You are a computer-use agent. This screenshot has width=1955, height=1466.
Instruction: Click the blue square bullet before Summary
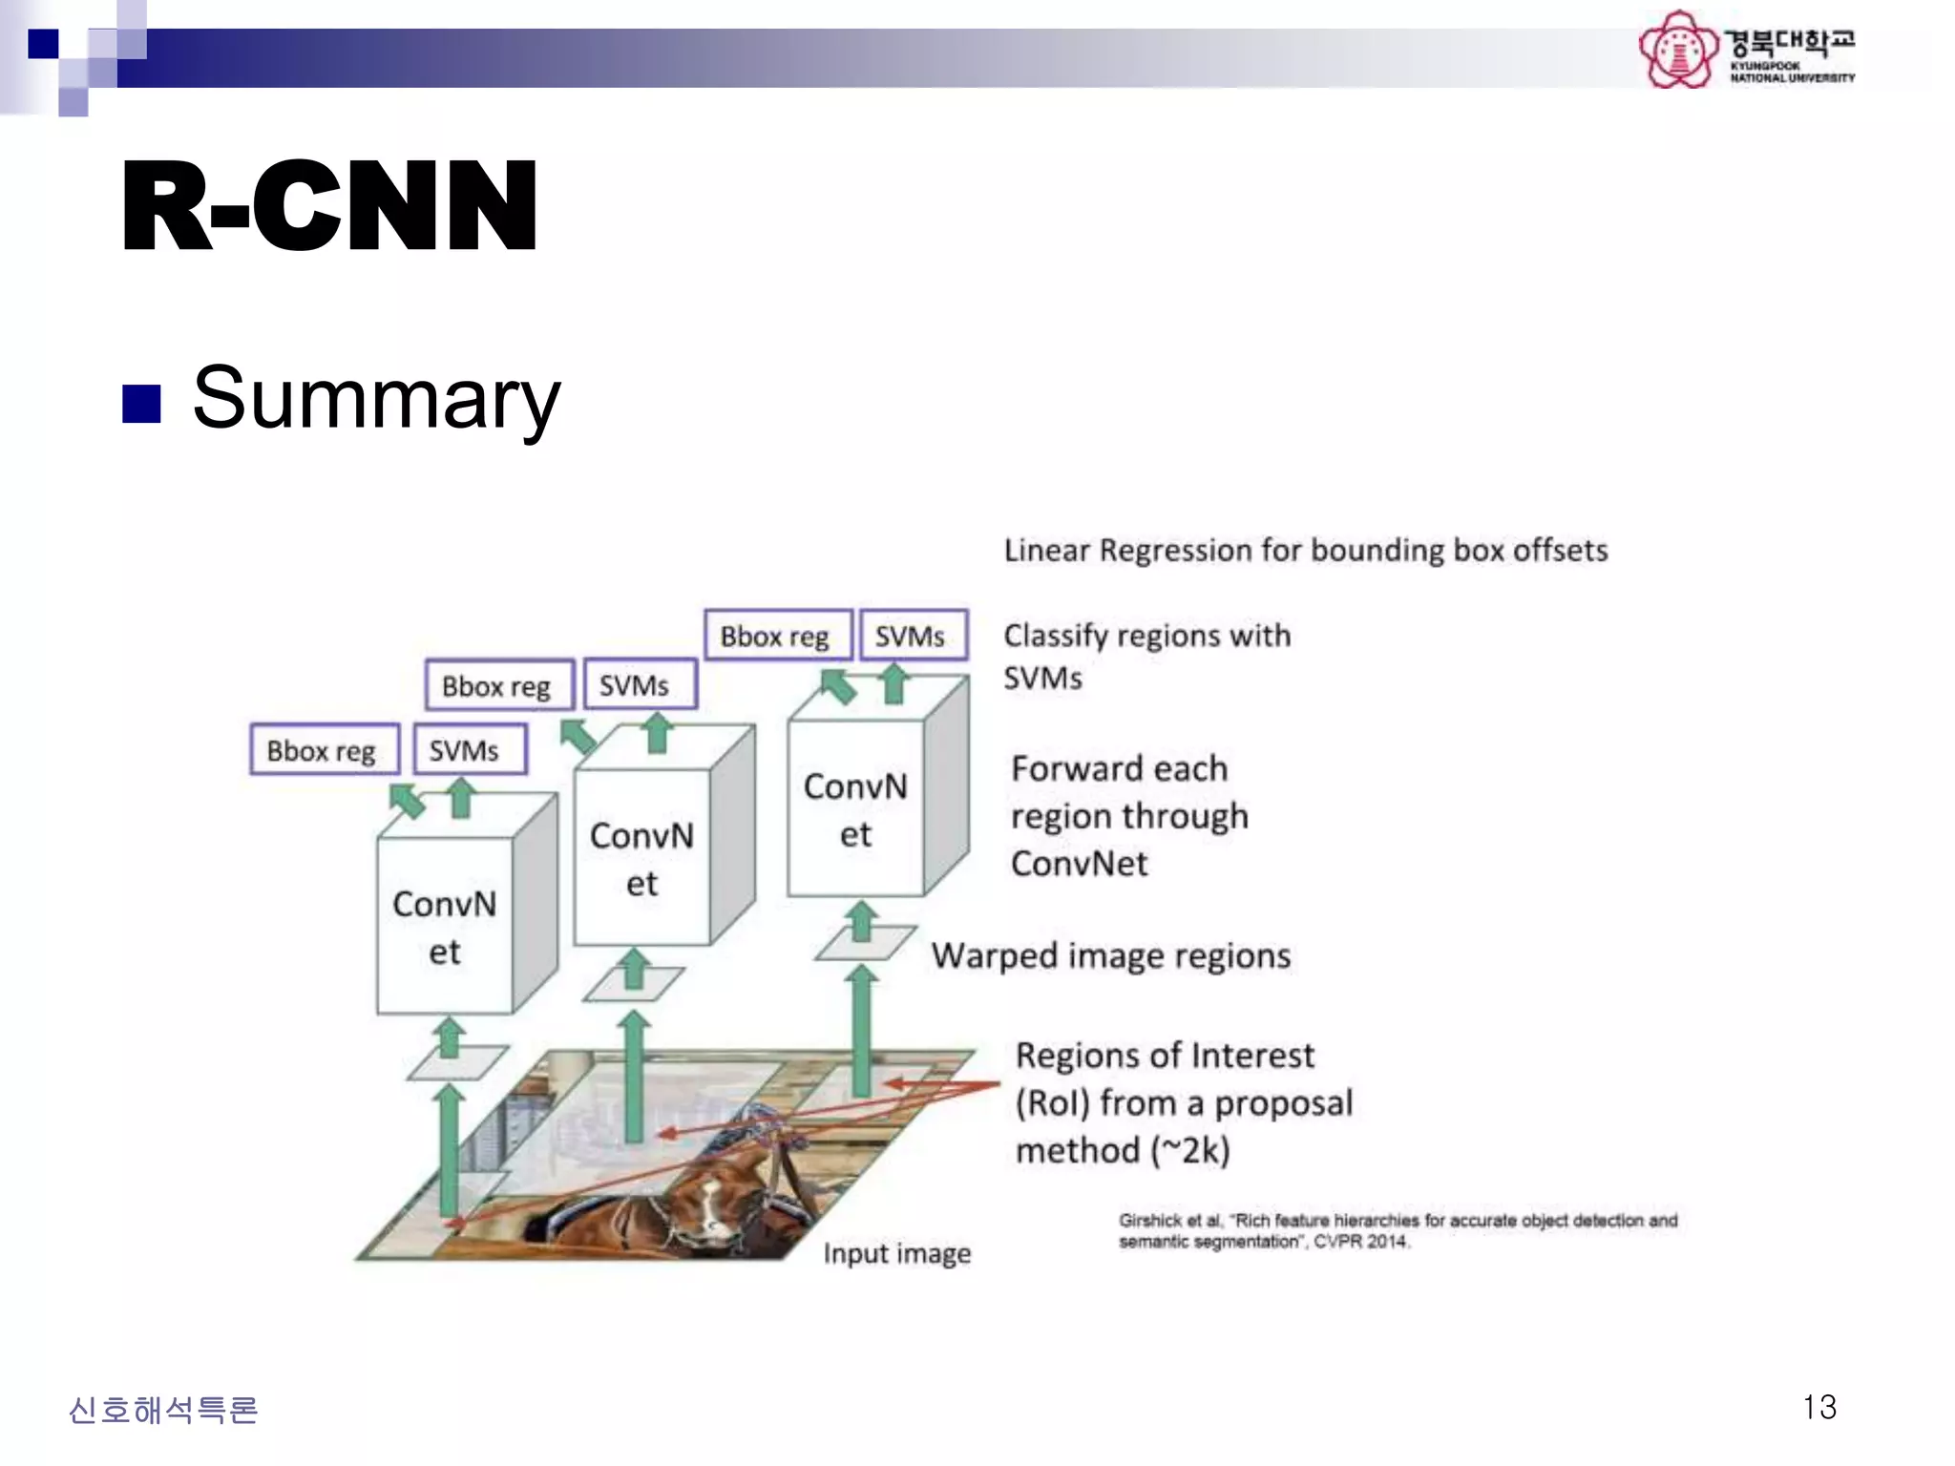click(141, 403)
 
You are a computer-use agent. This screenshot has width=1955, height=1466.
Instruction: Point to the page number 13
click(1818, 1407)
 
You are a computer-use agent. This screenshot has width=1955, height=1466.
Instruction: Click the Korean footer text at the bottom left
click(163, 1410)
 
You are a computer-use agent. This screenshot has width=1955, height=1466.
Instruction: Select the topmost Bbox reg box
click(776, 636)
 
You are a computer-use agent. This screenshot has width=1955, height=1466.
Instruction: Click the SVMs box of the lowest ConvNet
click(465, 750)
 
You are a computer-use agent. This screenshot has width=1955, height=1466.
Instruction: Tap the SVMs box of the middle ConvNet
click(635, 685)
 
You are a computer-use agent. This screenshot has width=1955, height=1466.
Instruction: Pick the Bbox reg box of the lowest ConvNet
click(322, 750)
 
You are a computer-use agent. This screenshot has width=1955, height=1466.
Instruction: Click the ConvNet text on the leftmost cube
click(444, 927)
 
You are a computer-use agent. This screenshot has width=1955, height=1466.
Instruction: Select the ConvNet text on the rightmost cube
click(855, 809)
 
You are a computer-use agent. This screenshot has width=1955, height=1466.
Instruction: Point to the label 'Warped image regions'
click(1111, 955)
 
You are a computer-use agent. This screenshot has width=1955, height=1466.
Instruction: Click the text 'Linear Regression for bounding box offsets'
click(1305, 550)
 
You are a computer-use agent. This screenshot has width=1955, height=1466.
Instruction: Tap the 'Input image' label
click(896, 1253)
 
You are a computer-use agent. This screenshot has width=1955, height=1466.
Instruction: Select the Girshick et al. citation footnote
click(1398, 1230)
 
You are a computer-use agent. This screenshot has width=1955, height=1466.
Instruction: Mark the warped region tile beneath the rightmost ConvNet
click(866, 943)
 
